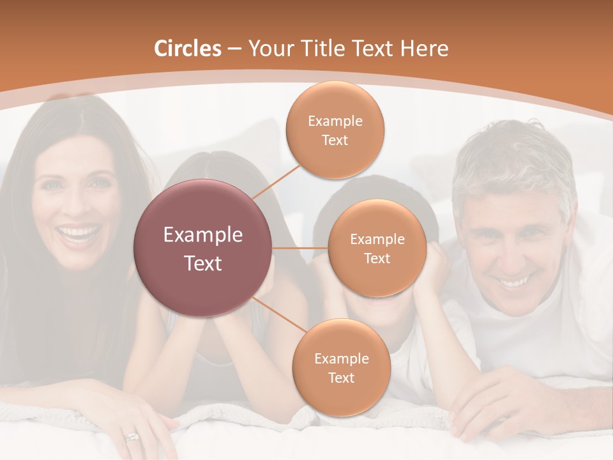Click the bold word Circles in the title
click(188, 49)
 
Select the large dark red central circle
click(203, 248)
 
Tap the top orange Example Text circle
click(335, 130)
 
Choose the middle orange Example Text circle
click(377, 248)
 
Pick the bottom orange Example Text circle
click(341, 367)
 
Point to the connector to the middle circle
click(300, 248)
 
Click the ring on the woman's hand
click(132, 437)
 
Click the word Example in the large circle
click(203, 235)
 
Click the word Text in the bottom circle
click(341, 378)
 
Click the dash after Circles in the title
click(234, 49)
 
